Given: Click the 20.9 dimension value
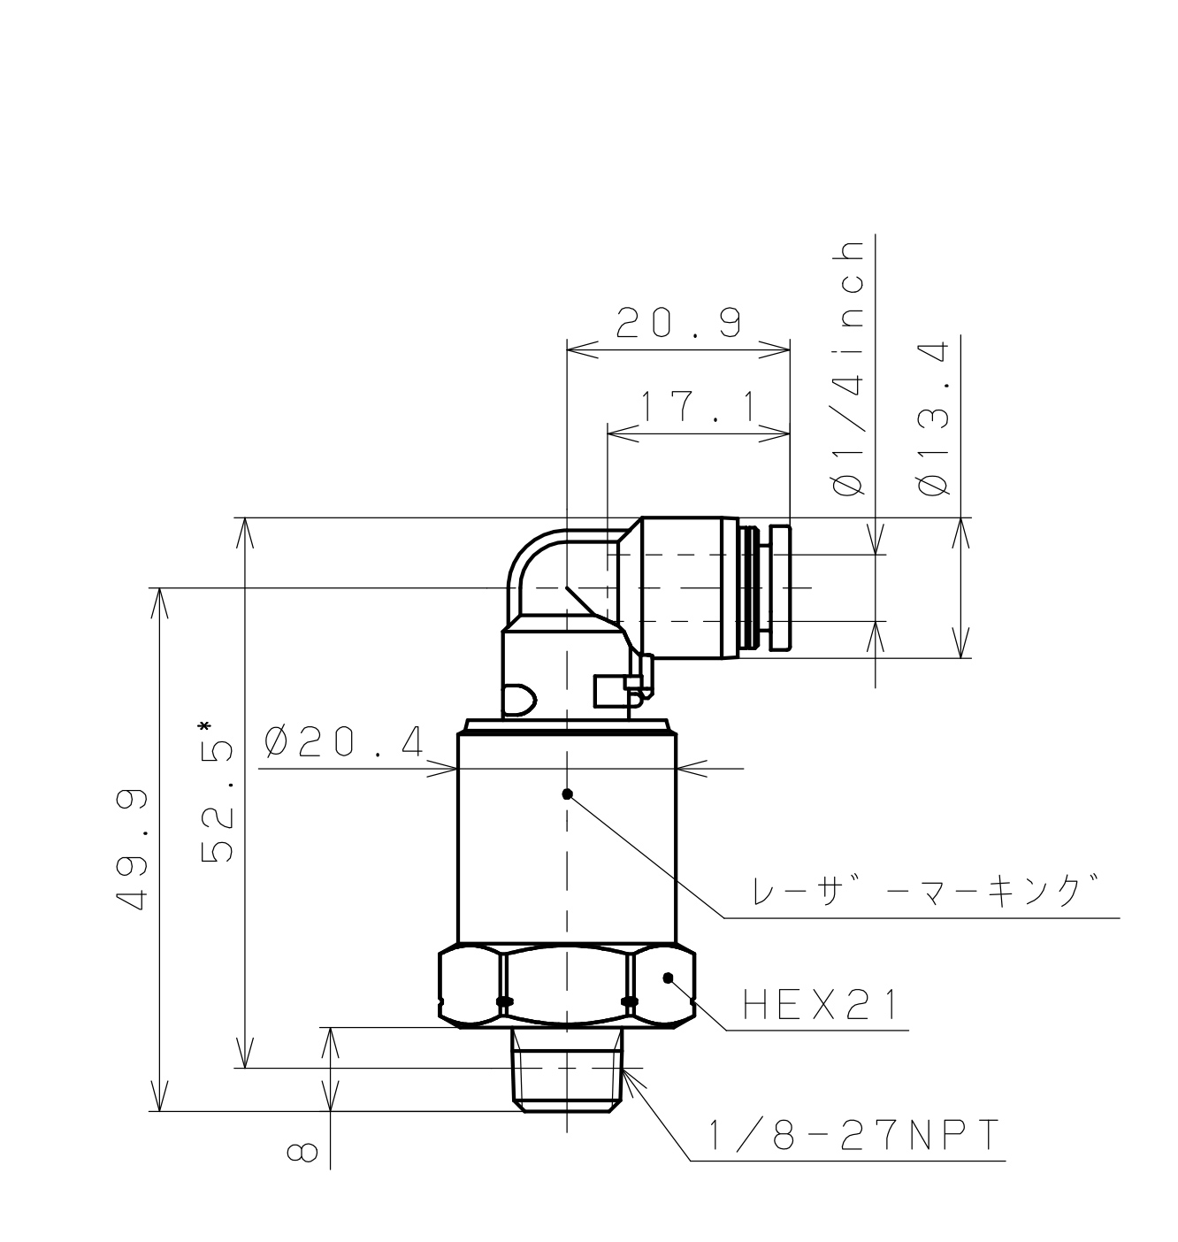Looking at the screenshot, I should click(x=677, y=325).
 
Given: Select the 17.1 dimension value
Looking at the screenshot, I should click(x=698, y=407).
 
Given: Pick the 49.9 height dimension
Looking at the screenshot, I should click(x=132, y=849).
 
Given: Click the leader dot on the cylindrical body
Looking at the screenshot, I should click(x=568, y=793).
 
